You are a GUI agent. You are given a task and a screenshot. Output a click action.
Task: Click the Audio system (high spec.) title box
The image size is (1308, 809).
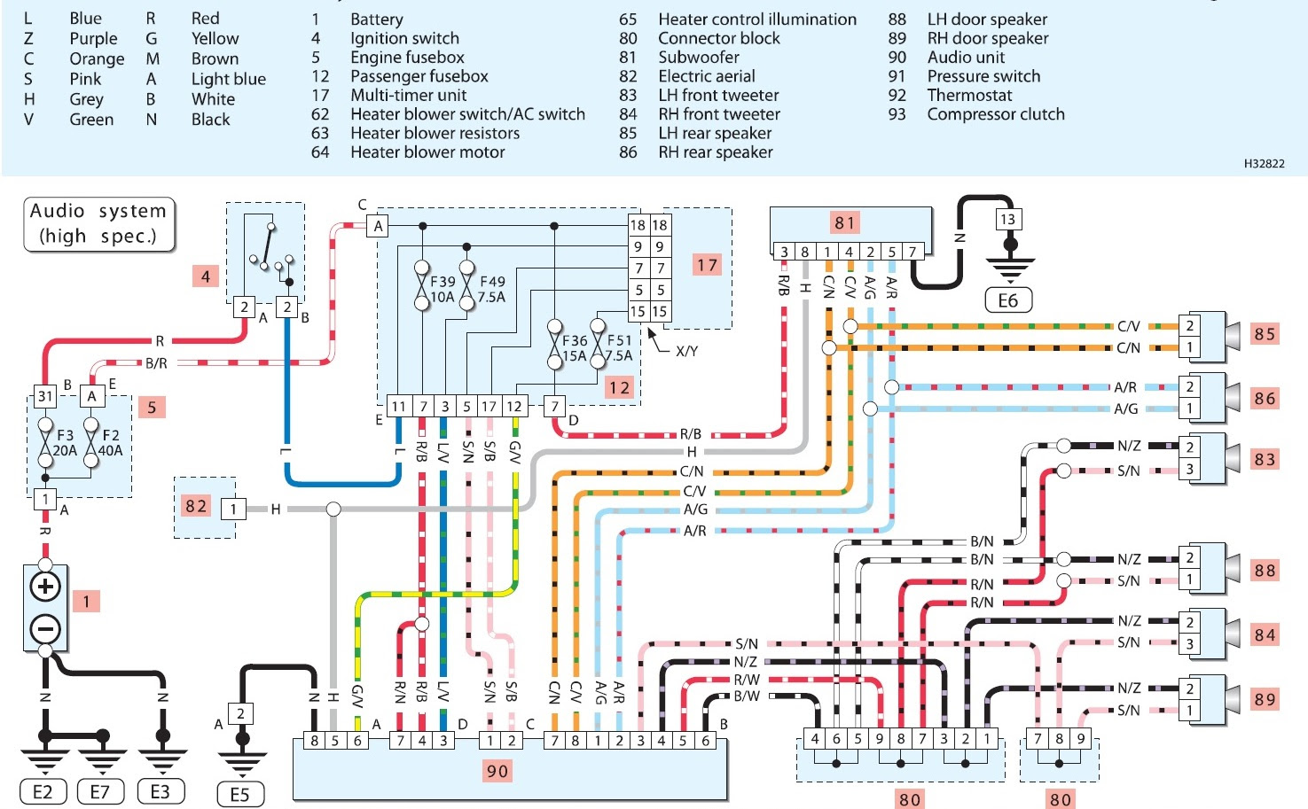[98, 224]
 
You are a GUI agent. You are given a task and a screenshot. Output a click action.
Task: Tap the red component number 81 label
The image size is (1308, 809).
[844, 223]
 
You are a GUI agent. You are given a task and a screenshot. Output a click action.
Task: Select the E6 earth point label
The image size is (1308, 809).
[1008, 301]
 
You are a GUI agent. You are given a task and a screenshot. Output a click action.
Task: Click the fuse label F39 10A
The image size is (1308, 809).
[443, 289]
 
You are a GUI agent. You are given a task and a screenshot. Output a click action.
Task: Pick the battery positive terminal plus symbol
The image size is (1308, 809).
[45, 587]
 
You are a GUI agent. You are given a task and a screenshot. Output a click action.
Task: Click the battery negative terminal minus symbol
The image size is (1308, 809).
[45, 629]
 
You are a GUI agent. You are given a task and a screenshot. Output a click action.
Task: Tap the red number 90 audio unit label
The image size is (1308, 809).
[497, 771]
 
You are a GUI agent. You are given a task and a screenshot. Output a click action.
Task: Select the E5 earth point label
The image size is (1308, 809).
[239, 794]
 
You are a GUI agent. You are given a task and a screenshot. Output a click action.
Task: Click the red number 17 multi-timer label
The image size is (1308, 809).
[707, 265]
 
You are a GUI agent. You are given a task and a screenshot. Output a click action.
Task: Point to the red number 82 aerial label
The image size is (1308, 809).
[196, 506]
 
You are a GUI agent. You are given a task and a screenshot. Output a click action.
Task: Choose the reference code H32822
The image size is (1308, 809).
[1264, 163]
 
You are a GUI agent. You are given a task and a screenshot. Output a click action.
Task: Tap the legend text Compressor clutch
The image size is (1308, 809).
[995, 114]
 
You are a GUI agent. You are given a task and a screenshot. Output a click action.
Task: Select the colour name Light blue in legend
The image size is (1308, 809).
[228, 79]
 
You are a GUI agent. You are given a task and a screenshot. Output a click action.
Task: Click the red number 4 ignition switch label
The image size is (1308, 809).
[205, 276]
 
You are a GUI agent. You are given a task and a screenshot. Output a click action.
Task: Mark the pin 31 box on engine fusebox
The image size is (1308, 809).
[45, 396]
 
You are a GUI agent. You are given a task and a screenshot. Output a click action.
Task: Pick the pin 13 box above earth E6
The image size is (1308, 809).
[1007, 219]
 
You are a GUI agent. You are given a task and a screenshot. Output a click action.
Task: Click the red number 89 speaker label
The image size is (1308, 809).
[1265, 699]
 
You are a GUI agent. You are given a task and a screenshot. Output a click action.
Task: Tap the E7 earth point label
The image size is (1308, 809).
[99, 792]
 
